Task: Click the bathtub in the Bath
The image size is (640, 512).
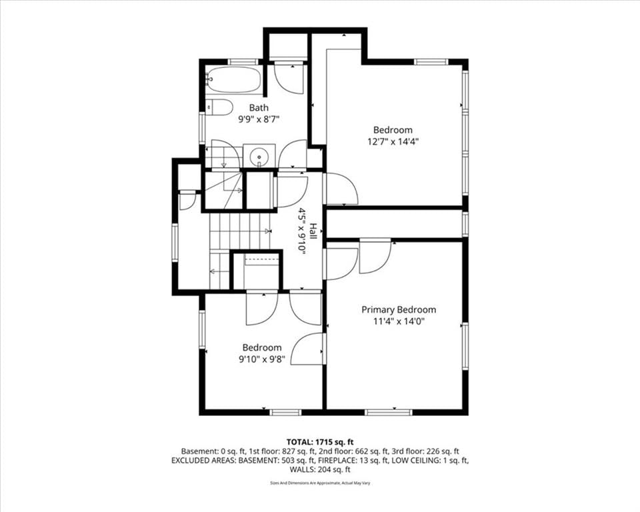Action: [234, 80]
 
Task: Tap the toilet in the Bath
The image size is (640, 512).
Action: [219, 107]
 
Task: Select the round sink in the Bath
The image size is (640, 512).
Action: [259, 155]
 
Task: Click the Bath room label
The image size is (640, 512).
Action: [259, 107]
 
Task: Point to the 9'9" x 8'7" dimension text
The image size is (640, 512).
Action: [259, 119]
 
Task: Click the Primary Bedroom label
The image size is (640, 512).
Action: [399, 309]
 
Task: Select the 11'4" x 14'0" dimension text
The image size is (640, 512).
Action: [399, 321]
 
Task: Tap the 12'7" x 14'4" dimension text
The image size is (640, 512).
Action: [393, 142]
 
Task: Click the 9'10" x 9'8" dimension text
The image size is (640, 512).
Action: [261, 359]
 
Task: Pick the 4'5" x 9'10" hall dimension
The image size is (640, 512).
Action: [301, 231]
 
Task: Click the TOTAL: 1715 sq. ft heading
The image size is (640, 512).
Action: [320, 442]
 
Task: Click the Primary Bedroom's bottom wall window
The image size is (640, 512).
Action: [389, 413]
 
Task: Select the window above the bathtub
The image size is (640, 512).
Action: [243, 61]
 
